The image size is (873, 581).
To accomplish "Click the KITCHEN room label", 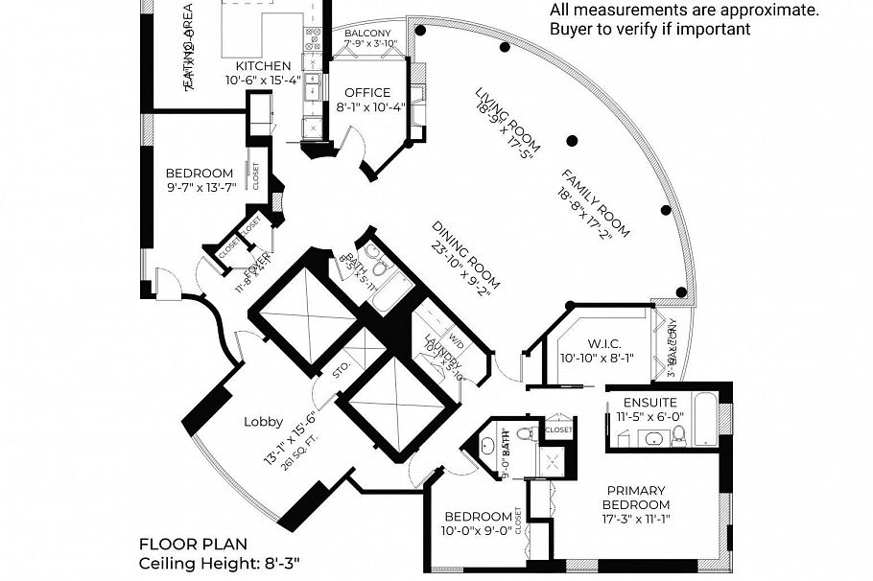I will (x=263, y=66).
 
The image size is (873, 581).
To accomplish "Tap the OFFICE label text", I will (x=367, y=93).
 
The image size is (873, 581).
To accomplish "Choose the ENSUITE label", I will (x=650, y=403).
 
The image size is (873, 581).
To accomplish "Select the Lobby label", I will (x=262, y=421).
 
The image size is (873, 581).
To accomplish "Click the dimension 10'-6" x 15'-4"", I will (x=263, y=81).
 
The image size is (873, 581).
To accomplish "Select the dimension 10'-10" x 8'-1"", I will (x=595, y=359).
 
